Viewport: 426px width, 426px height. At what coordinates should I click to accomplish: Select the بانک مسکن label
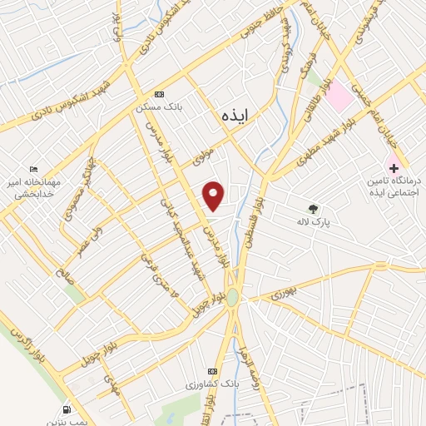(160, 107)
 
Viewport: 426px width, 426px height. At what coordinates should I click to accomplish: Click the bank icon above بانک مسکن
(160, 94)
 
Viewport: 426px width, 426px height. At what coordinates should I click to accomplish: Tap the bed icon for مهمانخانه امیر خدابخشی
(33, 169)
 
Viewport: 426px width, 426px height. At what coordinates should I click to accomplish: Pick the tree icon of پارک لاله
(313, 209)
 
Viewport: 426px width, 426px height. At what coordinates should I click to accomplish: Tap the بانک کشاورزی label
(213, 384)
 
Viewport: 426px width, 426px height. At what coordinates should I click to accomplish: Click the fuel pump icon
(66, 410)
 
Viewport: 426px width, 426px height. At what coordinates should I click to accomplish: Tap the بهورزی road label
(282, 293)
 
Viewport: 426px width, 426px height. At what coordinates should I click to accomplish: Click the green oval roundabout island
(233, 297)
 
